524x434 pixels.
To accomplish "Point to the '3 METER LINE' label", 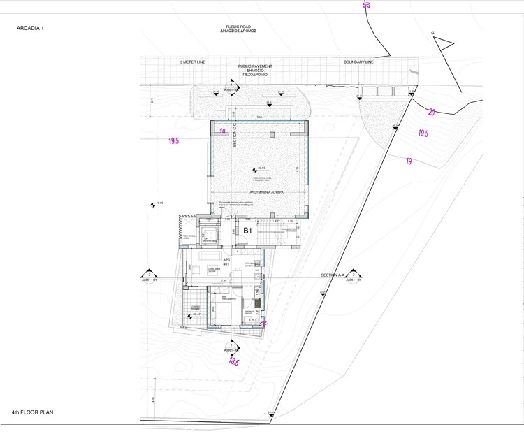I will coord(193,62).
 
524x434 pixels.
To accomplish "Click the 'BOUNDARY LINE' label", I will coord(358,62).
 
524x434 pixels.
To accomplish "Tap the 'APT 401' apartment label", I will coord(177,261).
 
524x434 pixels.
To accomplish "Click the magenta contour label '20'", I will coord(431,113).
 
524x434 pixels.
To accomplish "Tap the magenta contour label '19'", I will coord(408,161).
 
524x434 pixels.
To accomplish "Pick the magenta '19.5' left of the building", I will coord(173,141).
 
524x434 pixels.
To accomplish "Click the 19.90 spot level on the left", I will coord(159,203).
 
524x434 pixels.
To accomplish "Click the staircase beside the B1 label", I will coord(268,235).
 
